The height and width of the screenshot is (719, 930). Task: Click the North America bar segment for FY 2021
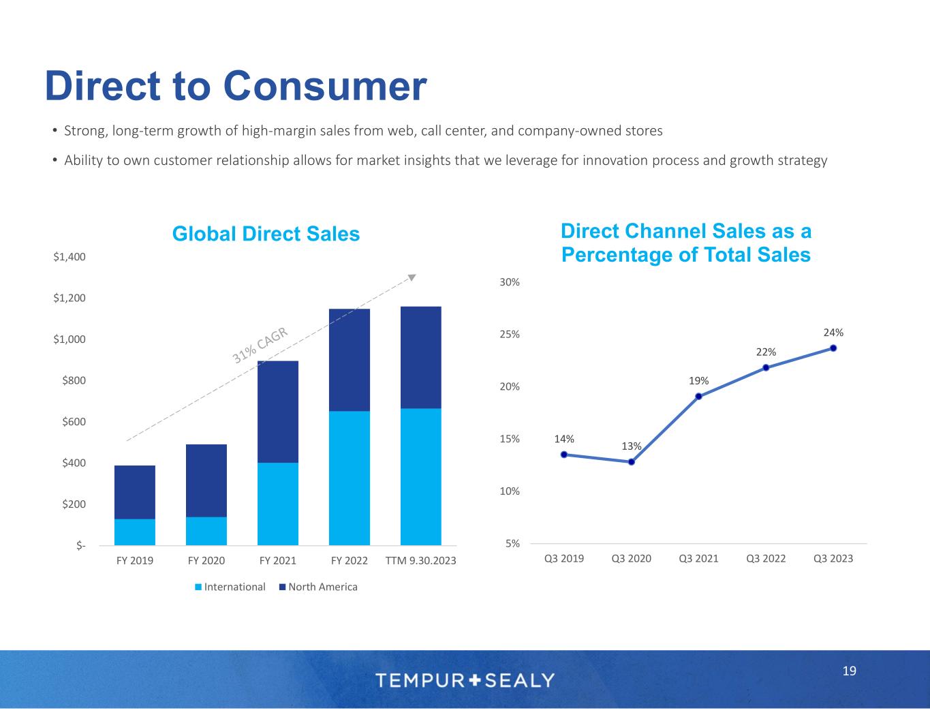tap(278, 412)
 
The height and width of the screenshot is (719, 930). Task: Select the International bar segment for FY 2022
tap(350, 478)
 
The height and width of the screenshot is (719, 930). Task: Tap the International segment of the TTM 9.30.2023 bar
tap(421, 476)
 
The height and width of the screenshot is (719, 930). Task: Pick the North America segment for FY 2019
tap(135, 492)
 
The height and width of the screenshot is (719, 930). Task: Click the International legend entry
tap(230, 587)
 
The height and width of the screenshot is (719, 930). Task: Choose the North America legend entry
tap(317, 587)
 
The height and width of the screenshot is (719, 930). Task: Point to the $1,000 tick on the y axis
tap(70, 339)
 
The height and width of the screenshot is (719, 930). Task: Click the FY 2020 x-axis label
tap(206, 561)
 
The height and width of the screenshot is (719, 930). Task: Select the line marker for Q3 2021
tap(698, 397)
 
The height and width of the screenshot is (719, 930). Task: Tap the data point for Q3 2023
tap(833, 348)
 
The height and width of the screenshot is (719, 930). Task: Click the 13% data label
tap(632, 446)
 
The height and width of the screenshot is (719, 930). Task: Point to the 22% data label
tap(766, 352)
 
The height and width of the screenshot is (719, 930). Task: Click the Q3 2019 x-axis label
tap(564, 559)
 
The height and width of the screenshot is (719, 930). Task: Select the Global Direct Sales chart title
tap(266, 234)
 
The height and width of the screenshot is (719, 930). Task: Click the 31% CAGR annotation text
tap(262, 345)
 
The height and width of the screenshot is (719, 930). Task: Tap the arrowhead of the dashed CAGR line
tap(412, 277)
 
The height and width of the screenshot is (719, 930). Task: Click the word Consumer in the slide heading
tap(324, 87)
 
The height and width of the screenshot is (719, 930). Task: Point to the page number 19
tap(849, 671)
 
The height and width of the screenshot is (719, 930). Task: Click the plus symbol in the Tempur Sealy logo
tap(476, 679)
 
